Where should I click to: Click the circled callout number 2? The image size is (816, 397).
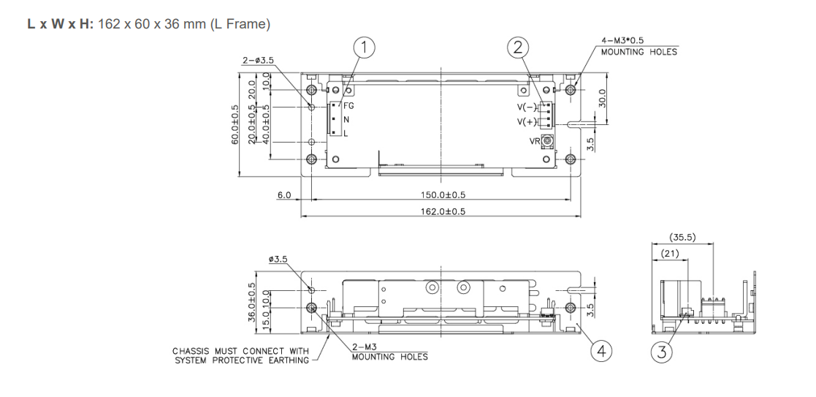[517, 48]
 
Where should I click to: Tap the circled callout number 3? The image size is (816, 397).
[662, 352]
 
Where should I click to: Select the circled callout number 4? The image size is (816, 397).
[600, 352]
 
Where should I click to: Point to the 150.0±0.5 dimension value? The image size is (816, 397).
[443, 195]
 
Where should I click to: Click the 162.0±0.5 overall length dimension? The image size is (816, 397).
[443, 211]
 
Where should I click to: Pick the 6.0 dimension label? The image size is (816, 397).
[284, 195]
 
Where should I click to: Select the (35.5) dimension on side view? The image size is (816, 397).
[682, 237]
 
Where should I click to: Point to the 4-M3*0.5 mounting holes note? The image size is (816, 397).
[638, 47]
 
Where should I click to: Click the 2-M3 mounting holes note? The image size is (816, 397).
[389, 352]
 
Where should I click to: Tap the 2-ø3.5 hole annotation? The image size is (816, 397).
[259, 60]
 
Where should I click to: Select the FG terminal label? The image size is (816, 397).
[348, 106]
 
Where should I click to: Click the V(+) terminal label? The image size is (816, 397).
[527, 121]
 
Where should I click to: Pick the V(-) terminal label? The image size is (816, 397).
[527, 107]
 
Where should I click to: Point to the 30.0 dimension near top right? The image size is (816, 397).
[603, 98]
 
